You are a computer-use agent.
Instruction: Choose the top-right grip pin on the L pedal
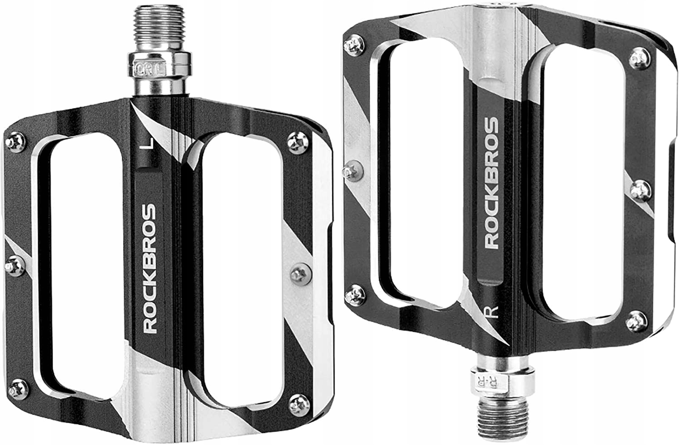click(298, 139)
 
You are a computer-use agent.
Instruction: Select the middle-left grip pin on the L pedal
click(15, 264)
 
